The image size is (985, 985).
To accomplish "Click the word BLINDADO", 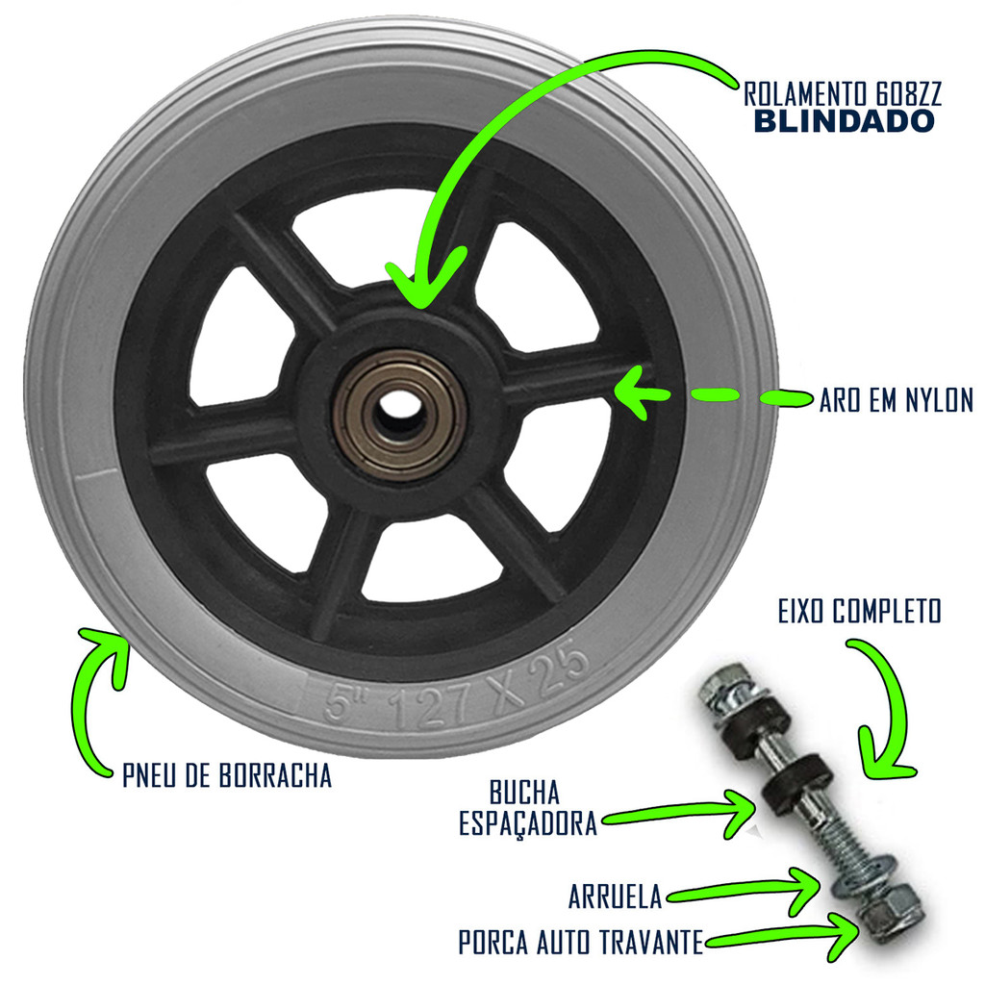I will (843, 121).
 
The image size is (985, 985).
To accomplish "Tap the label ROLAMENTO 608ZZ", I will (842, 94).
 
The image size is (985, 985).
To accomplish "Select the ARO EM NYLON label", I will (897, 400).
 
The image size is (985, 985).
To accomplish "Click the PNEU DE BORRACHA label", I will (227, 776).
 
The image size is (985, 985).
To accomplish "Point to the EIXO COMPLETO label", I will (859, 611).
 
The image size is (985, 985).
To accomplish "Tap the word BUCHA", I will (524, 794).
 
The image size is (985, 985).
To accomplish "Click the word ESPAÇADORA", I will (528, 824).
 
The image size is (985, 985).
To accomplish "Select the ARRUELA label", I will (616, 897).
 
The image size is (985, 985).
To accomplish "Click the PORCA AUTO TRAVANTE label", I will (580, 943).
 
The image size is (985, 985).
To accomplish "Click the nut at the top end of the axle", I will (721, 689).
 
